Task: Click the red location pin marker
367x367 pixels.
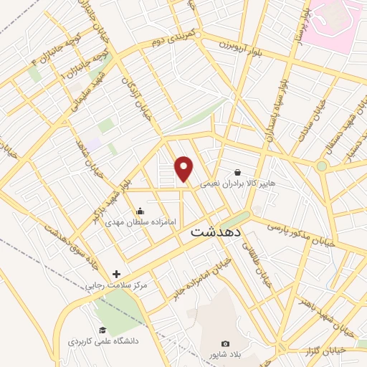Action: pyautogui.click(x=185, y=168)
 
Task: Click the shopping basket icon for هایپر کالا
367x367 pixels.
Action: pyautogui.click(x=237, y=172)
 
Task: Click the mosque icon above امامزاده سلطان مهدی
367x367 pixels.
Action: pyautogui.click(x=140, y=211)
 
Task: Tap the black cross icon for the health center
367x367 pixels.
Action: pyautogui.click(x=116, y=274)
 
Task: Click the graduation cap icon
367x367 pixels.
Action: pyautogui.click(x=103, y=330)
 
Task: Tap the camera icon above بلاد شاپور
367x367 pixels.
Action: pyautogui.click(x=225, y=343)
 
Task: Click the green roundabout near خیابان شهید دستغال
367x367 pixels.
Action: pyautogui.click(x=322, y=166)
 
